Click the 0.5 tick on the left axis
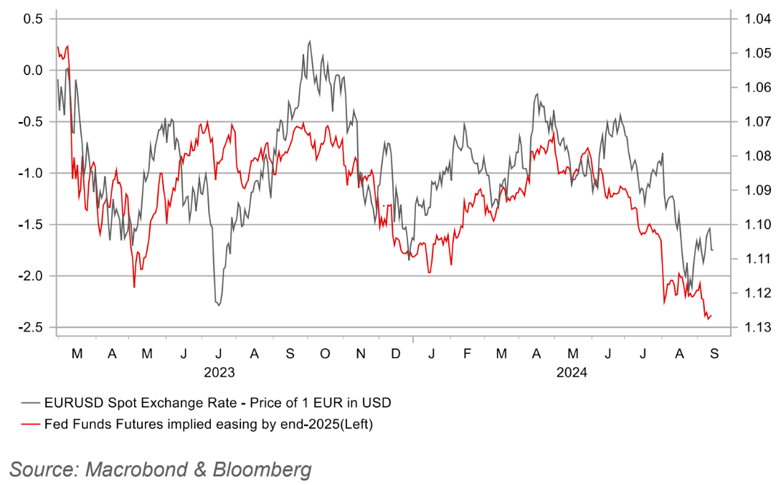[x=33, y=19]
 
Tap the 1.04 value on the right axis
[x=748, y=19]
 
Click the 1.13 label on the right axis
[x=748, y=327]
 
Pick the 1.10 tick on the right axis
[x=748, y=225]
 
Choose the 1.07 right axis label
[x=748, y=122]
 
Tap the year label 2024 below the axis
[x=572, y=373]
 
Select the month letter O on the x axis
[x=325, y=354]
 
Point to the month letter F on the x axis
[x=467, y=354]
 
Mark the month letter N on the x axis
[x=361, y=354]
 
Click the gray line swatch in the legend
[x=30, y=402]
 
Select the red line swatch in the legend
[x=30, y=424]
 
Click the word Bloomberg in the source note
[x=262, y=470]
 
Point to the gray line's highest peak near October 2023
[x=310, y=42]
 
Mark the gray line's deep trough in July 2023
[x=218, y=306]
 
